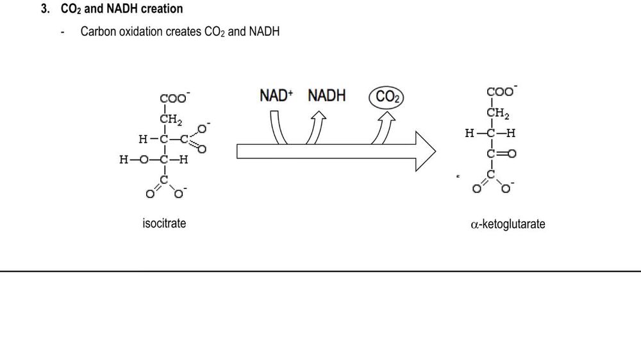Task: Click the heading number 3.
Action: click(x=46, y=10)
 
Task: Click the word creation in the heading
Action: click(x=158, y=10)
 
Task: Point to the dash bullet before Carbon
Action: click(x=62, y=32)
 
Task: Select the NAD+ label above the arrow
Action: click(x=276, y=96)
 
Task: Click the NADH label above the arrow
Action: click(x=326, y=96)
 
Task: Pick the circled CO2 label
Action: click(x=388, y=97)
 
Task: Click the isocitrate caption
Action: click(x=164, y=224)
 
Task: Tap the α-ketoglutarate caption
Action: click(x=508, y=224)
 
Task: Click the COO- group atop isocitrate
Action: click(x=174, y=99)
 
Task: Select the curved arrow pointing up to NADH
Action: click(x=316, y=128)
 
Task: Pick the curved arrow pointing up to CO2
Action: click(x=385, y=128)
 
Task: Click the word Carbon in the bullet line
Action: click(x=98, y=31)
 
